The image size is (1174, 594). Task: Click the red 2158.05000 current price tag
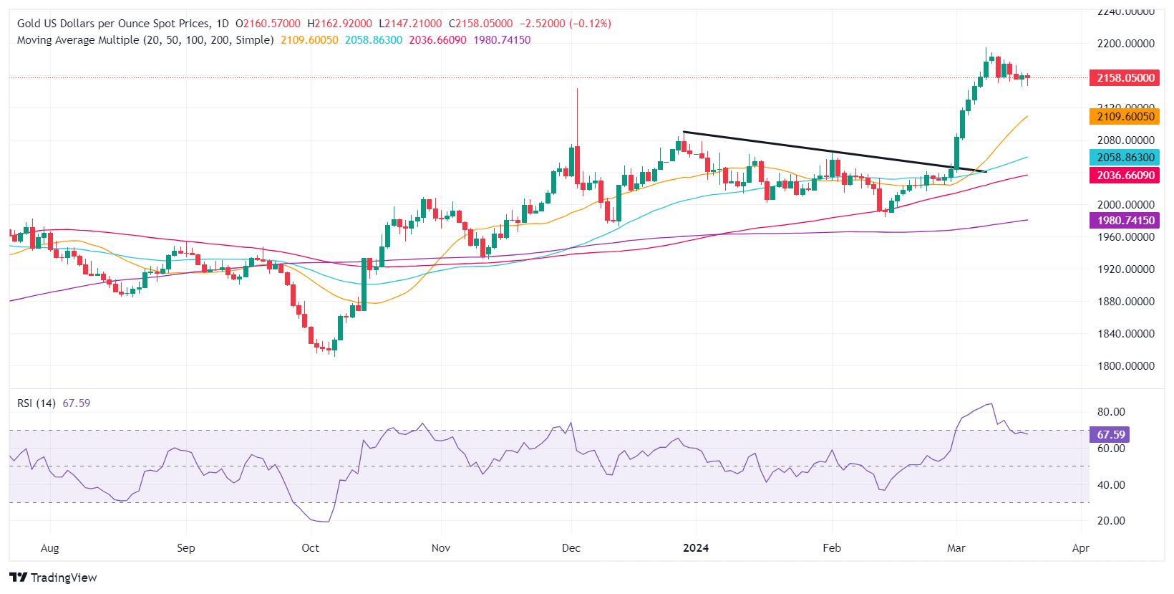pos(1125,77)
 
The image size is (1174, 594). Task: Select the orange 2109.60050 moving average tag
pos(1125,116)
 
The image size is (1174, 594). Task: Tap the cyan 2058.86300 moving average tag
pos(1125,157)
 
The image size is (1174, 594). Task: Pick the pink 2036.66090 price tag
pos(1125,175)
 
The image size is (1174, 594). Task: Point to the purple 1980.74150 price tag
pos(1125,220)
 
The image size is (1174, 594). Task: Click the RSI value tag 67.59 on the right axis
pos(1110,434)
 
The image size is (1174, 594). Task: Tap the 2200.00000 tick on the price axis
pos(1125,43)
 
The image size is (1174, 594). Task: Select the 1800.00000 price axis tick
pos(1125,365)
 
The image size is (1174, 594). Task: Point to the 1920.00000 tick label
pos(1125,269)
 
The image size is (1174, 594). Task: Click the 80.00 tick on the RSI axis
pos(1111,412)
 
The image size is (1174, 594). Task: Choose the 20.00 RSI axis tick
pos(1111,520)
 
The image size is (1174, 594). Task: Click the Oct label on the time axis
pos(310,547)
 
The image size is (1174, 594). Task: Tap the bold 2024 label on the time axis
pos(696,547)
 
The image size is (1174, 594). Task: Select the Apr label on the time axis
pos(1080,547)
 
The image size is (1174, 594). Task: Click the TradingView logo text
pos(63,578)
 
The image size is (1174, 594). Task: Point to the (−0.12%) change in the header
pos(590,24)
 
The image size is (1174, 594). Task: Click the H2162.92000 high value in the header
pos(344,24)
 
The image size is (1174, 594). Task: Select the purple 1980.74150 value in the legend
pos(502,40)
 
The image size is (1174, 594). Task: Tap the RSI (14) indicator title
pos(37,403)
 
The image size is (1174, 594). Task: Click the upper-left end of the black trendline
pos(684,132)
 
